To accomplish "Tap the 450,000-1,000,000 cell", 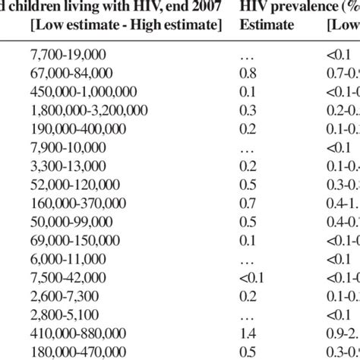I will (84, 92).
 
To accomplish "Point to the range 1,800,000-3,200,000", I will (90, 110).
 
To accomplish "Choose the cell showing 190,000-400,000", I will (81, 129).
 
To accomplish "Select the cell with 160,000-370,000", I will (81, 203).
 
